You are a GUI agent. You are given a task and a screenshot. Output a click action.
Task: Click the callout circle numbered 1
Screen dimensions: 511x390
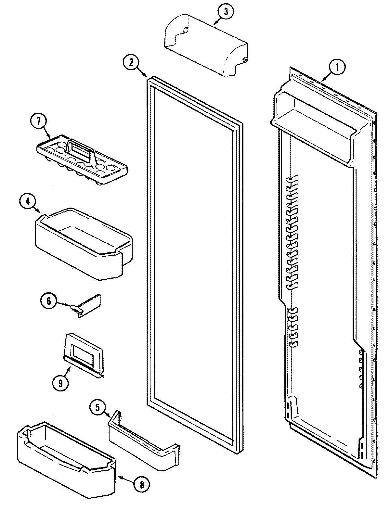337,67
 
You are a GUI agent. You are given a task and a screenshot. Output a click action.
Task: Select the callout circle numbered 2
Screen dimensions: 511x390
131,63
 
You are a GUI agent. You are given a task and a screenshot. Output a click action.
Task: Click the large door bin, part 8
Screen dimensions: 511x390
65,468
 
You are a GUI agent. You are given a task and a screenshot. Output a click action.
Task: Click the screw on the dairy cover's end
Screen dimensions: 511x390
245,60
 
